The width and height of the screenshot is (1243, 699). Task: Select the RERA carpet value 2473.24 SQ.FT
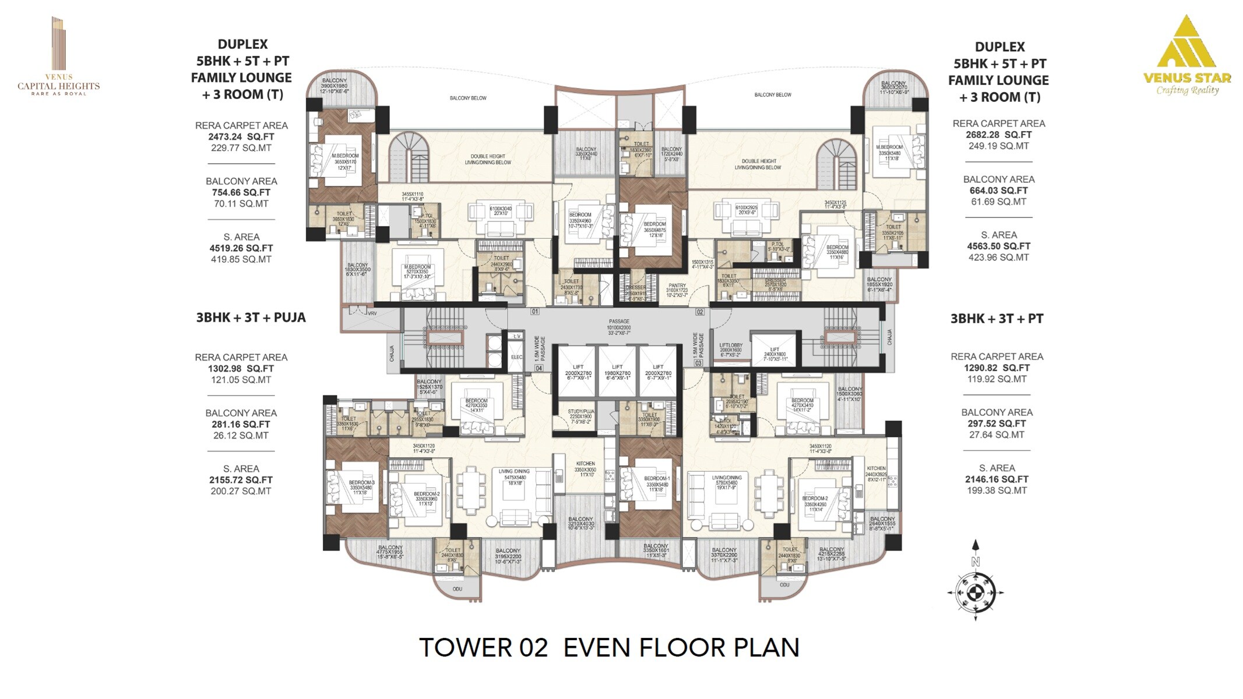point(241,137)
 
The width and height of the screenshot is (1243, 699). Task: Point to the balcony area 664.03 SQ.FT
point(998,190)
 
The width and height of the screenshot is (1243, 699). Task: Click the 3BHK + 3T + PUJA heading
point(251,317)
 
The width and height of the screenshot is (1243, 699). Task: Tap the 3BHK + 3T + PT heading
point(996,319)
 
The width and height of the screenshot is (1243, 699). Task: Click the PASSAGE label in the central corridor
point(619,322)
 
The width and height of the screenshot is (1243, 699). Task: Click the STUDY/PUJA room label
point(581,412)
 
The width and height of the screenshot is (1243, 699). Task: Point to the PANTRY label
point(677,286)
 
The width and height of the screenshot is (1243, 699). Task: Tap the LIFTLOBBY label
point(730,345)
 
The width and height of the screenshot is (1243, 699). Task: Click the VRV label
point(372,313)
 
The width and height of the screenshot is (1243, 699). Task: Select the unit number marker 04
point(538,368)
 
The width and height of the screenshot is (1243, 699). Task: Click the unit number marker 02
point(699,312)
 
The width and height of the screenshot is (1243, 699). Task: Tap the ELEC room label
point(516,357)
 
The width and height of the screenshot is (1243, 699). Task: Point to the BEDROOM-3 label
point(361,482)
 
